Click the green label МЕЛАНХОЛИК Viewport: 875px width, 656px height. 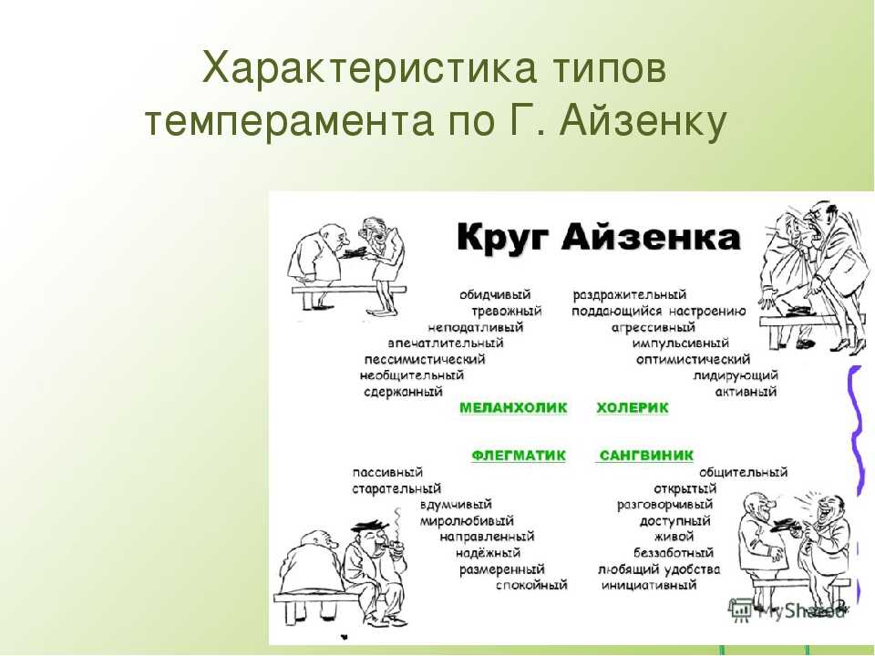click(x=513, y=408)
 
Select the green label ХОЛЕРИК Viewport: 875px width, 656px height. click(x=633, y=408)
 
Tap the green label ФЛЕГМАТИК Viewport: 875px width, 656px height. click(x=519, y=456)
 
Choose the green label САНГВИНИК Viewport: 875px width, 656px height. click(x=646, y=456)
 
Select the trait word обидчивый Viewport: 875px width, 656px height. click(x=495, y=294)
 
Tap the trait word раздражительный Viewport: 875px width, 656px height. click(x=630, y=294)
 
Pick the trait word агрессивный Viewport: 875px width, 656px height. click(x=653, y=327)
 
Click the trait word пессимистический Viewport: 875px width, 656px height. click(x=425, y=359)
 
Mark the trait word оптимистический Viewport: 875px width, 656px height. click(x=693, y=359)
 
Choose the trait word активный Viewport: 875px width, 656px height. click(x=746, y=392)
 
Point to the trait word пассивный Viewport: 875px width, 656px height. click(x=387, y=473)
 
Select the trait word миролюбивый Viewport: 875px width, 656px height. click(x=467, y=521)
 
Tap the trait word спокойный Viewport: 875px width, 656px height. click(x=531, y=585)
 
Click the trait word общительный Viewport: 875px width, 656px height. click(x=744, y=473)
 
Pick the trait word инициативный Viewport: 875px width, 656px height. click(x=649, y=585)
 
